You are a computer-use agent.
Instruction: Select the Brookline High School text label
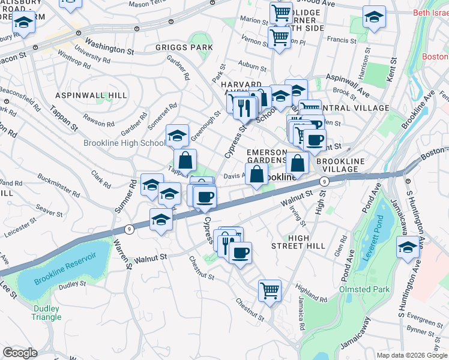pos(124,143)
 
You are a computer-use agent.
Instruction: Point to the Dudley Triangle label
pos(46,313)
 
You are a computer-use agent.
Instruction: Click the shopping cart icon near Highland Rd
pos(270,290)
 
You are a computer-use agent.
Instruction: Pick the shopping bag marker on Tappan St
pos(185,160)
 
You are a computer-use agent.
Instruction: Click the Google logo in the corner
pos(20,353)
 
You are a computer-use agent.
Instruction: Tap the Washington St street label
pos(109,47)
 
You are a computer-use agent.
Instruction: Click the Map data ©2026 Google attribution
pos(412,355)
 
